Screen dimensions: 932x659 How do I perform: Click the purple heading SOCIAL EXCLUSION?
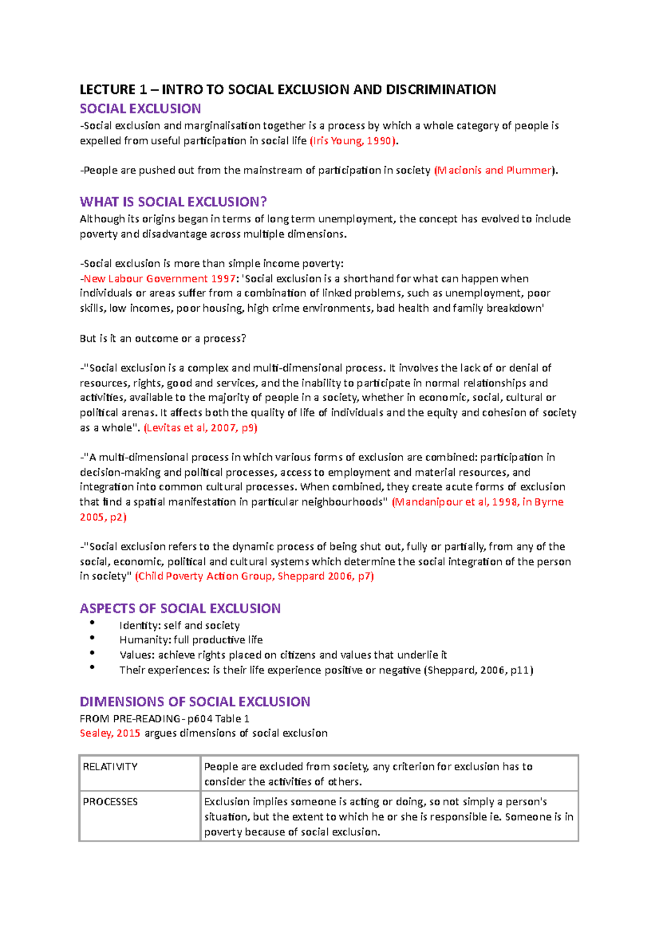click(140, 109)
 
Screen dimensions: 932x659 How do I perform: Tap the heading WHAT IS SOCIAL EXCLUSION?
click(173, 202)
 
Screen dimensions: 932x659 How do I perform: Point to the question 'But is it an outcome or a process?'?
click(163, 339)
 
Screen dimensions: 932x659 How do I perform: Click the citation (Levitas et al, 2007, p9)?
click(200, 428)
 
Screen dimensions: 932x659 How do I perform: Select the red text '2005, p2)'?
click(103, 517)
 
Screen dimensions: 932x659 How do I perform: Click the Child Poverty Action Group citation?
click(254, 576)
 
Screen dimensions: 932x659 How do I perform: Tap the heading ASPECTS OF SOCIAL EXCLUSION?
click(180, 609)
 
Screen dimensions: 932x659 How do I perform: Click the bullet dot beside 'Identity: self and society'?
click(92, 622)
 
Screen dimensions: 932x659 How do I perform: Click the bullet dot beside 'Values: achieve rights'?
click(92, 653)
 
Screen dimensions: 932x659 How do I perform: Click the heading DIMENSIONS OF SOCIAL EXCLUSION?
click(195, 702)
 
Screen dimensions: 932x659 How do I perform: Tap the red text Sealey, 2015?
click(110, 733)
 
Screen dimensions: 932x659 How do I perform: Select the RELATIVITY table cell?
click(139, 773)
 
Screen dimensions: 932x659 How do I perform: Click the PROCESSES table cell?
click(139, 816)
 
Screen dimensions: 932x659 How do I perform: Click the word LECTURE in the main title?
click(107, 89)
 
